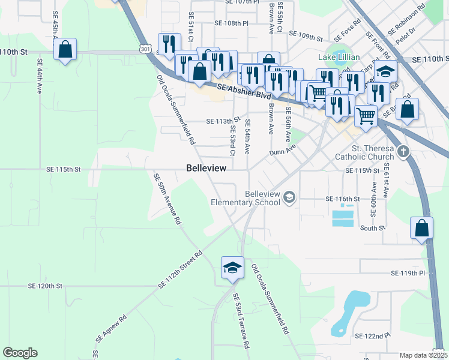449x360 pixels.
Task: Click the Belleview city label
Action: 206,169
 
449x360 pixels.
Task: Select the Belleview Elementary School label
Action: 246,198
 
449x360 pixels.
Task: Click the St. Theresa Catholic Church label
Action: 373,153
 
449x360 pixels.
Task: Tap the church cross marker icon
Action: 405,151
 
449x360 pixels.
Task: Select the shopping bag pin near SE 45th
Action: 65,50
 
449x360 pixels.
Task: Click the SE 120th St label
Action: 49,286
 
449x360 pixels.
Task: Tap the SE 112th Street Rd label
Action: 181,269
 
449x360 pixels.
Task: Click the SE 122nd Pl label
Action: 372,336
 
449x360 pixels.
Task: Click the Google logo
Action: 20,353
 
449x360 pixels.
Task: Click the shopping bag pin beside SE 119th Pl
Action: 421,229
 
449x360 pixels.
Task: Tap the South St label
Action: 372,229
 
